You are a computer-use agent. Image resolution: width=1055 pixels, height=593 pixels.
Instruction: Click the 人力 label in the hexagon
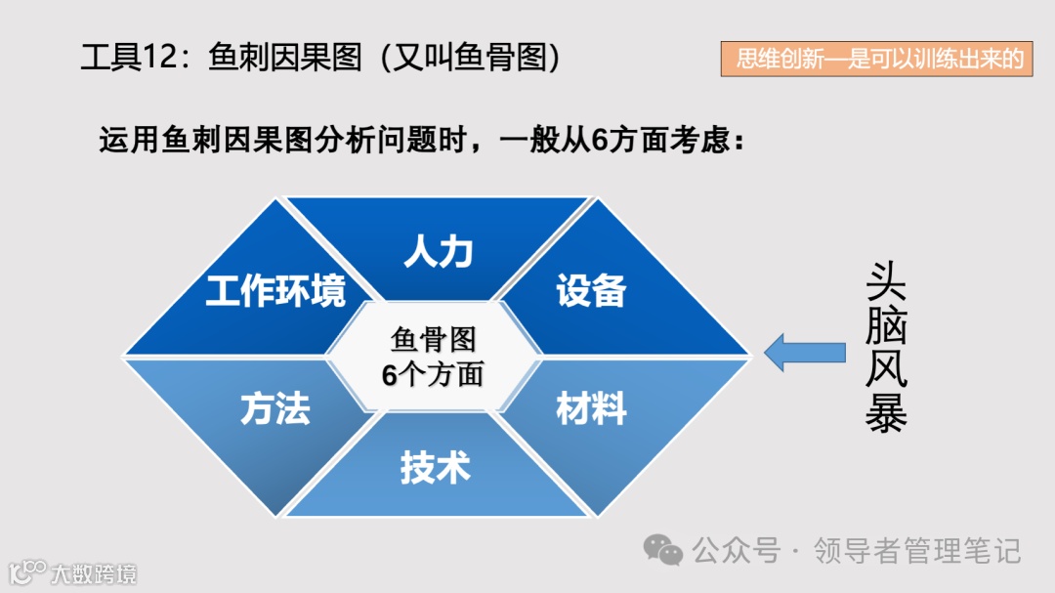pyautogui.click(x=439, y=252)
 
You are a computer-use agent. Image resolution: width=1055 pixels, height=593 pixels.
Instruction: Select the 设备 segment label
pyautogui.click(x=591, y=291)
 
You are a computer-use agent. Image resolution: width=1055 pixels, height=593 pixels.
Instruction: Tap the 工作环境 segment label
pyautogui.click(x=275, y=291)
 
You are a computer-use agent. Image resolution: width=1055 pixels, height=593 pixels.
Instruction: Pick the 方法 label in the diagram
pyautogui.click(x=275, y=409)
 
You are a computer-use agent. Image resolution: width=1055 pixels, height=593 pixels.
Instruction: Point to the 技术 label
pyautogui.click(x=435, y=468)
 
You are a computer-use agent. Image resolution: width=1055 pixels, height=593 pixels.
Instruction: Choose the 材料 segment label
pyautogui.click(x=591, y=409)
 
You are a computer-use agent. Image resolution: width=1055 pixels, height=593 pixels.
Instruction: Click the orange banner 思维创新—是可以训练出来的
pyautogui.click(x=877, y=60)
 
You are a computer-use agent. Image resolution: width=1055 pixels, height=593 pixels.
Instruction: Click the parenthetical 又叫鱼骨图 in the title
pyautogui.click(x=476, y=59)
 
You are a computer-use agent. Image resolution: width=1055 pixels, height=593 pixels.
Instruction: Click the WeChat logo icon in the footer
pyautogui.click(x=668, y=550)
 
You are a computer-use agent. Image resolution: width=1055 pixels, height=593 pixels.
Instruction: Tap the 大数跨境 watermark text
pyautogui.click(x=94, y=573)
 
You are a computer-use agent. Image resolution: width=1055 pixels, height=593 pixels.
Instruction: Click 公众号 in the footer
pyautogui.click(x=736, y=550)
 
